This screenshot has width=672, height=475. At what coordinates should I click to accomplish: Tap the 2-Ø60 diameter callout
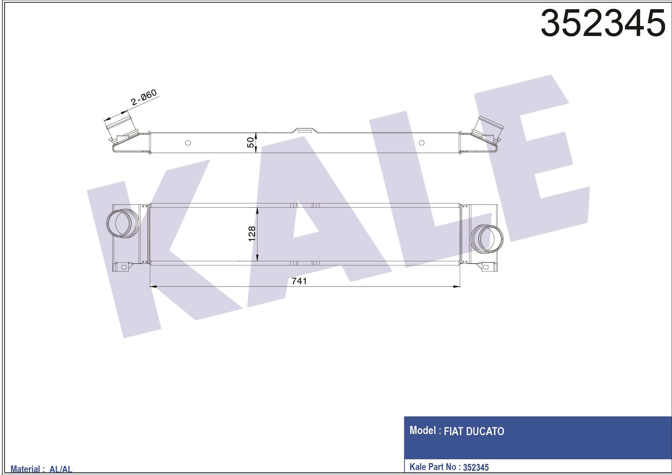point(144,97)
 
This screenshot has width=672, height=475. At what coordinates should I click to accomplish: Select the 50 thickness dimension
point(250,142)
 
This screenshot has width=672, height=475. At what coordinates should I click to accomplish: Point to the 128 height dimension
point(251,234)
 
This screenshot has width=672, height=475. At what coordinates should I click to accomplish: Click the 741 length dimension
point(299,281)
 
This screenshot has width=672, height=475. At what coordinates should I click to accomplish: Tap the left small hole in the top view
point(188,143)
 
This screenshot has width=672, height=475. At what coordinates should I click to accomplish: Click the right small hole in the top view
point(422,143)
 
